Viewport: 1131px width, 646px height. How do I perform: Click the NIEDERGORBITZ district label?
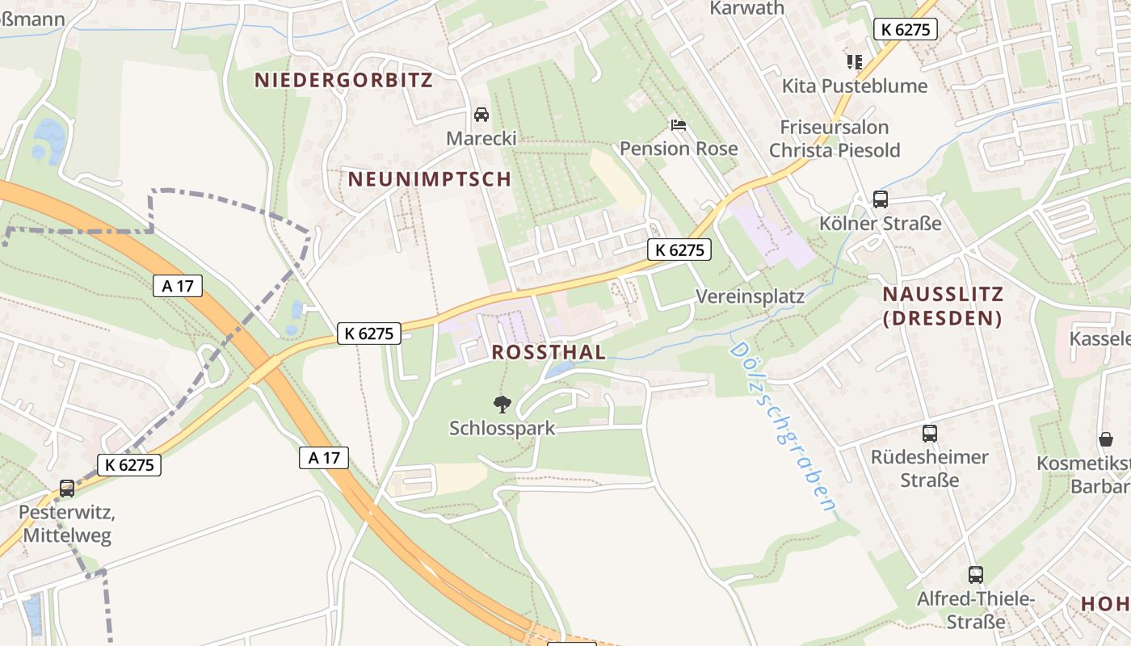[343, 80]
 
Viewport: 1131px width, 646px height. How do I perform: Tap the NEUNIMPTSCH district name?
[430, 179]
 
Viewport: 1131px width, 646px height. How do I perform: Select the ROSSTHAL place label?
[549, 352]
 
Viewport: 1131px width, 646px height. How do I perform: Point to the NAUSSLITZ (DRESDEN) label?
[943, 306]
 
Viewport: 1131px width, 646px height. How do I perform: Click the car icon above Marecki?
[481, 115]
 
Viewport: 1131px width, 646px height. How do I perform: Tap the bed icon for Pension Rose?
[679, 125]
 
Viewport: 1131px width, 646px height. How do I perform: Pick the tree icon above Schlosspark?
[502, 404]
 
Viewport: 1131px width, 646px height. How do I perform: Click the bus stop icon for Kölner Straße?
[881, 199]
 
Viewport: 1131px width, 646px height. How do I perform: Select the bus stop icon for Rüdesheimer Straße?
[930, 434]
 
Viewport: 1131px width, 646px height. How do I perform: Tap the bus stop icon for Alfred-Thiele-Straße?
[976, 575]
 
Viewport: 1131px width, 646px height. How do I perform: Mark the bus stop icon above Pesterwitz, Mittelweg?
[67, 489]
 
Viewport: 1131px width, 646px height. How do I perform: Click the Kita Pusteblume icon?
[854, 61]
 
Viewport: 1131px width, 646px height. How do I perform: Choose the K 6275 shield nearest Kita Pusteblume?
[906, 30]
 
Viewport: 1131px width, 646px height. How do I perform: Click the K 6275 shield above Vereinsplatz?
[679, 250]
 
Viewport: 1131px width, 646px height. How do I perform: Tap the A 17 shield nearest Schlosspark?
[323, 458]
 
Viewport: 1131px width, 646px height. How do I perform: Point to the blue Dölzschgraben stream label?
[782, 428]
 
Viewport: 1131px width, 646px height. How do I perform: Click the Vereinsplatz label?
[750, 296]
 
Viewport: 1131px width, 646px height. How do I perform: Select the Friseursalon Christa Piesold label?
[834, 138]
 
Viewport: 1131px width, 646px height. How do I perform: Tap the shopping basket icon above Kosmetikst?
[1105, 439]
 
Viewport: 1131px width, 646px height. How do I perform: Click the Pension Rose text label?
[679, 149]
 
